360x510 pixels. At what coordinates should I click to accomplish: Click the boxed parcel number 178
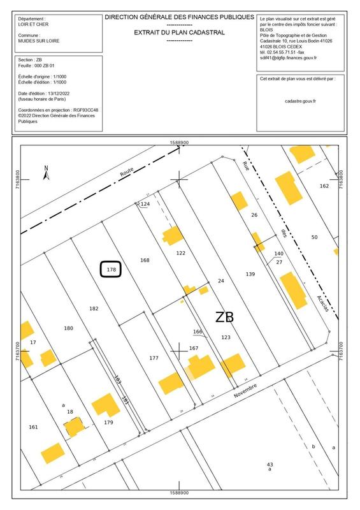(x=111, y=270)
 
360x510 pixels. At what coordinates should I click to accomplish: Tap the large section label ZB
(x=224, y=317)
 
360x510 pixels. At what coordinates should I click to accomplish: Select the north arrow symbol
(x=46, y=172)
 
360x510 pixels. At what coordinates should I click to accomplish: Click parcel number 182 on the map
(x=94, y=309)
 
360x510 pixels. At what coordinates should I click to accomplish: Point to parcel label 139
(x=250, y=274)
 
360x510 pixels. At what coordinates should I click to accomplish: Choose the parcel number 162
(x=324, y=186)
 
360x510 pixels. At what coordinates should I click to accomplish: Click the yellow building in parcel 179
(x=105, y=405)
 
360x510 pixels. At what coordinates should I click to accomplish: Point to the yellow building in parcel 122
(x=172, y=236)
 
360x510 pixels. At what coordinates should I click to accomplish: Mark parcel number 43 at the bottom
(x=270, y=464)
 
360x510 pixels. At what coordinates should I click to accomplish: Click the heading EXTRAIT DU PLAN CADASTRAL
(x=179, y=31)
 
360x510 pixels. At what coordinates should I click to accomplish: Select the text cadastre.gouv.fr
(x=301, y=100)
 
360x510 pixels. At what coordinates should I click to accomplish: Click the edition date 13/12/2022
(x=72, y=96)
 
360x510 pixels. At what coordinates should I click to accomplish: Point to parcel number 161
(x=34, y=426)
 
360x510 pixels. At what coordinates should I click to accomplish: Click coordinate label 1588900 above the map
(x=180, y=142)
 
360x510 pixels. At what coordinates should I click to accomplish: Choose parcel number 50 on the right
(x=314, y=237)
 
